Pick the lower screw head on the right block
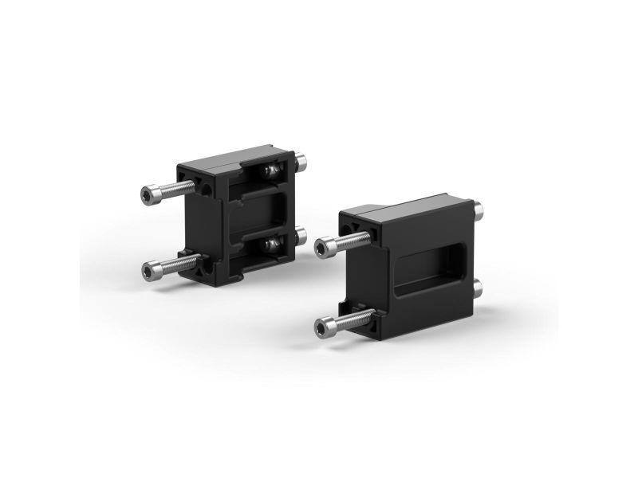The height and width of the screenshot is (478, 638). click(x=325, y=327)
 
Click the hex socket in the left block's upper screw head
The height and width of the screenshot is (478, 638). click(x=148, y=194)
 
